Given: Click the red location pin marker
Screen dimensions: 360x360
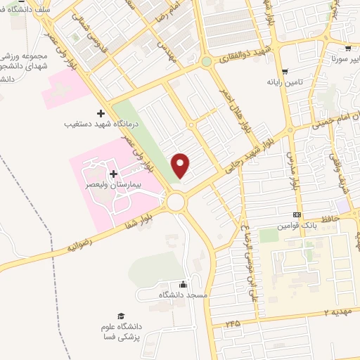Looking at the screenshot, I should (x=181, y=166).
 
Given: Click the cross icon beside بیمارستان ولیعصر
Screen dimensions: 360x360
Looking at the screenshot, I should (x=113, y=173).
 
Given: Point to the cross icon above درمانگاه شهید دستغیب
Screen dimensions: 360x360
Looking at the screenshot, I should (x=101, y=112).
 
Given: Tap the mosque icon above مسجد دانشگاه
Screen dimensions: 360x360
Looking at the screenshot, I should (x=183, y=284).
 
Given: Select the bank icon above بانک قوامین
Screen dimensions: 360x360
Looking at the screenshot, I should (x=297, y=215).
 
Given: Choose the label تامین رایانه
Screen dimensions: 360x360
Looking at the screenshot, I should (x=284, y=82).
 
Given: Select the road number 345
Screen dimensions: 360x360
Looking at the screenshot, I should (x=233, y=322).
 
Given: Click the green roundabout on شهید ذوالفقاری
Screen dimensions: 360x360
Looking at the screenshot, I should (x=207, y=63).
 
